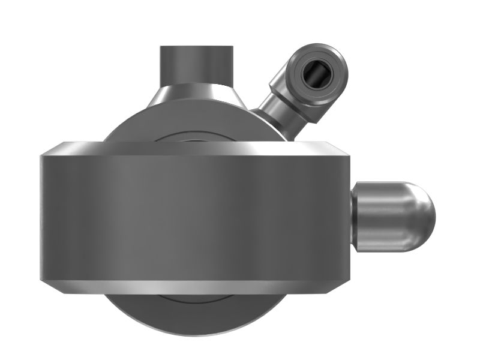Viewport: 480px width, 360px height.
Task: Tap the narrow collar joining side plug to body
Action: [x=354, y=217]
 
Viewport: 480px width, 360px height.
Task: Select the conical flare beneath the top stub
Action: [x=196, y=96]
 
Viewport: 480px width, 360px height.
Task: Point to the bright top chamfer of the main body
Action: [x=195, y=148]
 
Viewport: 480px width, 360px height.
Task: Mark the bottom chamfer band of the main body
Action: [x=195, y=287]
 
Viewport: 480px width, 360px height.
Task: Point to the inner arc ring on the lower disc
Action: [x=195, y=300]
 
